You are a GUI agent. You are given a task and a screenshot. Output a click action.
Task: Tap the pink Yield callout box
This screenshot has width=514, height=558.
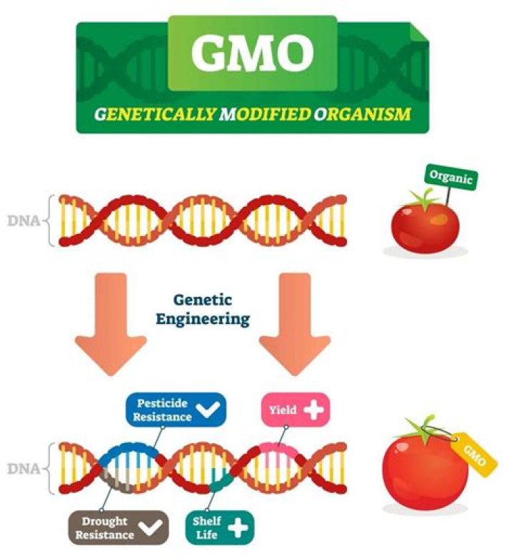[293, 410]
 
